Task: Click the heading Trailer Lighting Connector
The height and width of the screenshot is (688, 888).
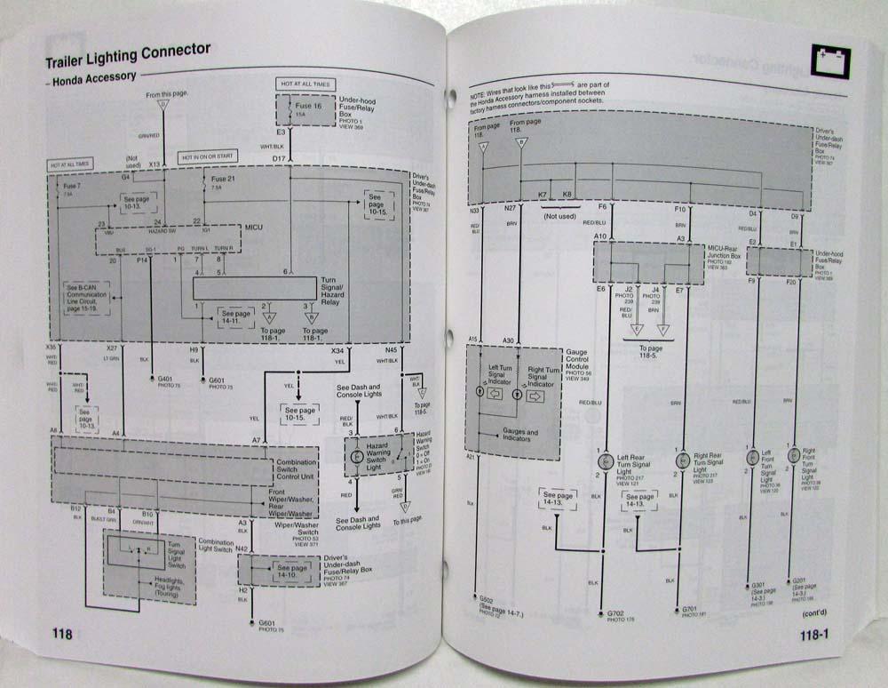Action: (129, 56)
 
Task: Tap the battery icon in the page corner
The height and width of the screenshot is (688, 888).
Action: (831, 60)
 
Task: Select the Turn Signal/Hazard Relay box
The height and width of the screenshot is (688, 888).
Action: (256, 287)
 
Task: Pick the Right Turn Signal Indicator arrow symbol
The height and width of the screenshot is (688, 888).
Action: (535, 396)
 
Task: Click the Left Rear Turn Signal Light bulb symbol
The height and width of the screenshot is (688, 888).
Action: (606, 461)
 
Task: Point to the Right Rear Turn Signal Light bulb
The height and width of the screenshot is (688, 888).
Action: (682, 460)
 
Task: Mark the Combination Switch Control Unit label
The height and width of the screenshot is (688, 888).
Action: (297, 468)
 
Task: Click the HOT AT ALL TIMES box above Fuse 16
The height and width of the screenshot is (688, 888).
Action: (305, 84)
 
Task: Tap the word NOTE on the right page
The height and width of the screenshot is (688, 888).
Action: (479, 84)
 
